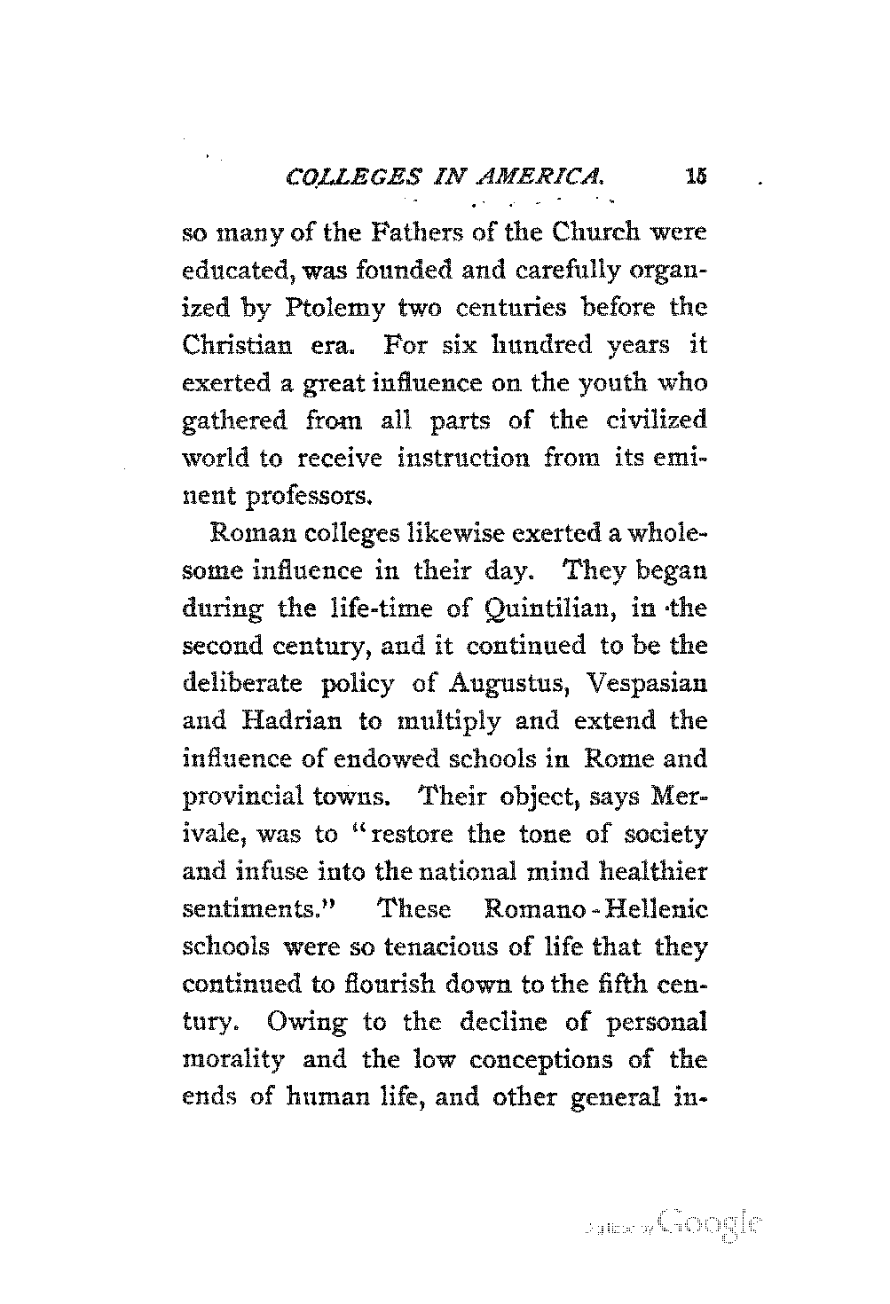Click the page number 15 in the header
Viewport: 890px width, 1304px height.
[x=694, y=177]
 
